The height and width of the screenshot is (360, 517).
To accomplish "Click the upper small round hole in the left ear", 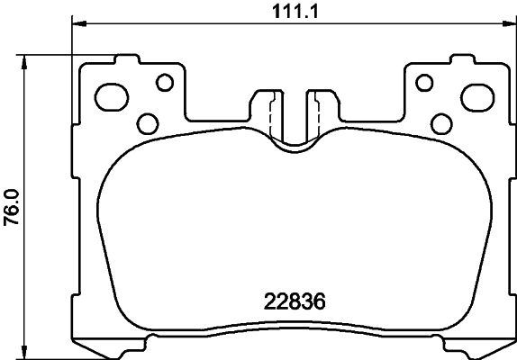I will pyautogui.click(x=164, y=83).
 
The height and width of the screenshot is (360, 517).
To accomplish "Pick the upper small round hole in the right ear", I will pyautogui.click(x=421, y=83).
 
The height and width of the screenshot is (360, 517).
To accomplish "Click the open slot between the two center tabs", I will pyautogui.click(x=291, y=112).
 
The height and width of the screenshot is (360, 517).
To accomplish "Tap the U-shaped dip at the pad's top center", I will pyautogui.click(x=291, y=144).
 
